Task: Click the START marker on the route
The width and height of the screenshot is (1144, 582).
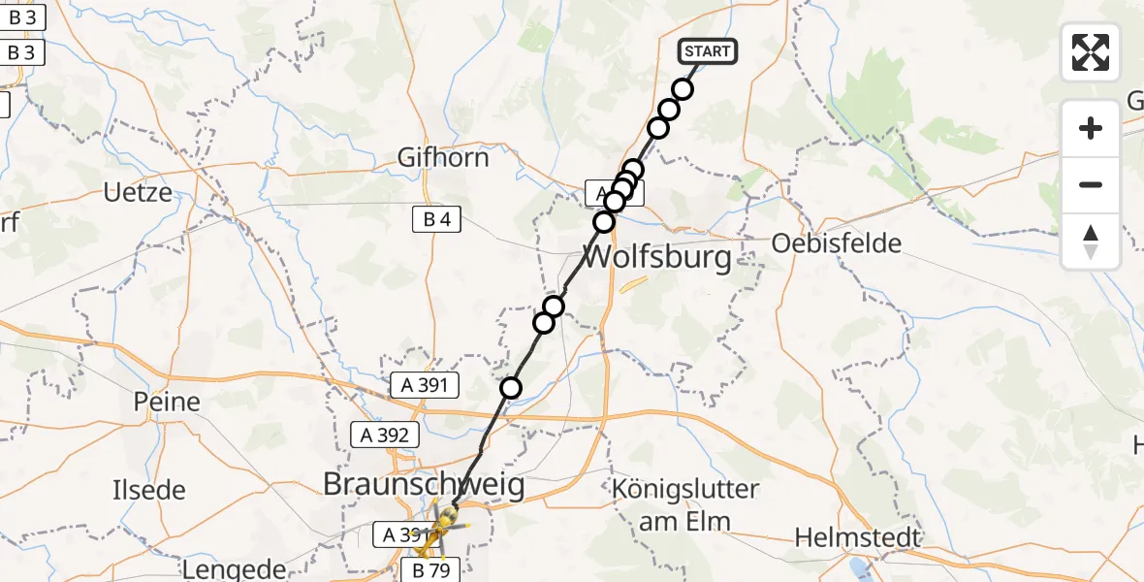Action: point(707,51)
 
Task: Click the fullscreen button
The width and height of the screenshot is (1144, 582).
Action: point(1091,52)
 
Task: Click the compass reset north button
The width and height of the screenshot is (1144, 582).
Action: point(1091,242)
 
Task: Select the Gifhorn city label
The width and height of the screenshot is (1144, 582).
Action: point(443,157)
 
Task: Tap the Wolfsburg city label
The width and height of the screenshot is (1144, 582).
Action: point(657,259)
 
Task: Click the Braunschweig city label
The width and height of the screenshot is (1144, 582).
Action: point(423,484)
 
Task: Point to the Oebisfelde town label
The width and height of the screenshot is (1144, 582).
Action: point(837,242)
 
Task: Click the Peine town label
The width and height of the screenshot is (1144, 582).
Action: point(167,402)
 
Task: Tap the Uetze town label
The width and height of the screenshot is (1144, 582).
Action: point(138,192)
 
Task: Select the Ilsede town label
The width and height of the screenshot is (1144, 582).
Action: point(148,490)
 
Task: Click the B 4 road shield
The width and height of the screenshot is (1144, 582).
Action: point(437,220)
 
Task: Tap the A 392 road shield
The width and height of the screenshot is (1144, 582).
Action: point(385,436)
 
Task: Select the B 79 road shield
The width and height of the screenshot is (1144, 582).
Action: point(431,568)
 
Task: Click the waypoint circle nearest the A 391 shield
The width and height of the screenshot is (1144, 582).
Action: point(510,389)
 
